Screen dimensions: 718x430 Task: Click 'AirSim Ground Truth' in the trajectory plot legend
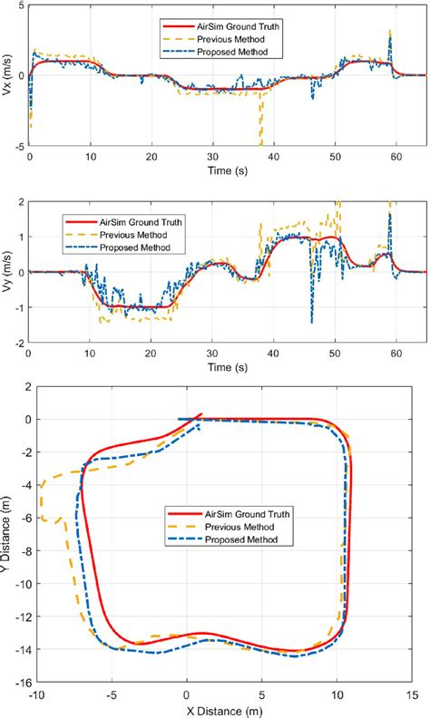coord(236,515)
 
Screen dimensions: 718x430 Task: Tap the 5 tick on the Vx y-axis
coord(22,7)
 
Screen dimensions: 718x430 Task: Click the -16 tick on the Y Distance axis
coord(17,683)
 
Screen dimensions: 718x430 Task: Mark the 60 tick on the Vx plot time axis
coord(396,156)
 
